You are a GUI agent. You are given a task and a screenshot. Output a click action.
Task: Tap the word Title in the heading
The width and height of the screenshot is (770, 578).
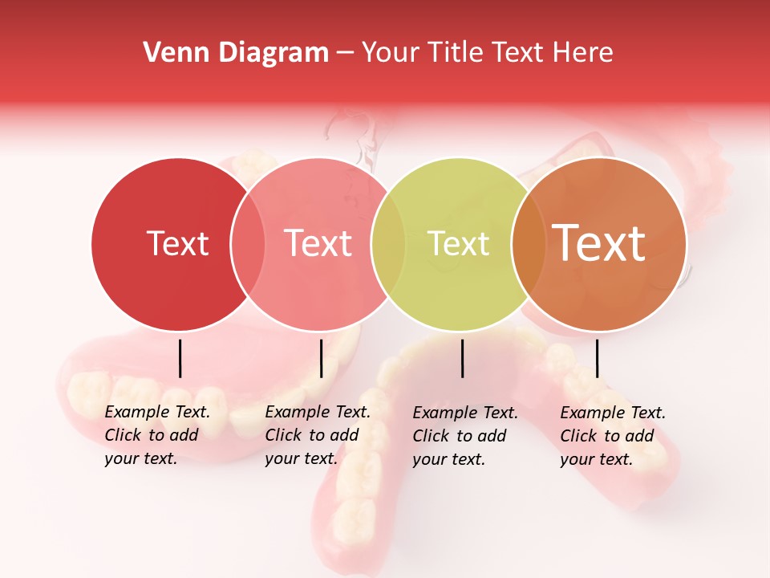[x=455, y=52]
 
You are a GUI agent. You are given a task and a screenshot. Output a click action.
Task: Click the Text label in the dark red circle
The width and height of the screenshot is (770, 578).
[x=177, y=243]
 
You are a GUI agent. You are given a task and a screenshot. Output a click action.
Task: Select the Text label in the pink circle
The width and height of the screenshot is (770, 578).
[x=318, y=243]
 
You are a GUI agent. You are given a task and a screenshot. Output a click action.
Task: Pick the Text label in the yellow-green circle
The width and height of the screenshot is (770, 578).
[x=458, y=243]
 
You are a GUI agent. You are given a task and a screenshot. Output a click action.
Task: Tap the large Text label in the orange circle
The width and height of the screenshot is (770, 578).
[x=598, y=243]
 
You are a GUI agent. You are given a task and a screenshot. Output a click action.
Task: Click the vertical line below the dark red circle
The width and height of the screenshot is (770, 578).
[x=180, y=358]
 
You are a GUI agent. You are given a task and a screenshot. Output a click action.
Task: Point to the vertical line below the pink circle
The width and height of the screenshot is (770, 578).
[x=321, y=358]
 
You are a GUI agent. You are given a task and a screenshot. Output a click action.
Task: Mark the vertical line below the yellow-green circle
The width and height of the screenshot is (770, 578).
[x=463, y=358]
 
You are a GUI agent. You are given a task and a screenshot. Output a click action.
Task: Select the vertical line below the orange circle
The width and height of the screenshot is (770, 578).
[x=598, y=358]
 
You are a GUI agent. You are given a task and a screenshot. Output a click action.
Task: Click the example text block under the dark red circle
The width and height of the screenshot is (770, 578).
[x=157, y=435]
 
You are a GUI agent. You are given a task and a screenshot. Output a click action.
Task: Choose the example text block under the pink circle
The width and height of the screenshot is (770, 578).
[x=318, y=435]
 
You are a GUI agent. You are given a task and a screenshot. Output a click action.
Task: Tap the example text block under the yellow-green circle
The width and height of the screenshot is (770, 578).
[x=465, y=436]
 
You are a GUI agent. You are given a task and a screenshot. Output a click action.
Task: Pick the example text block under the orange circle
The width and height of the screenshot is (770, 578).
[x=613, y=436]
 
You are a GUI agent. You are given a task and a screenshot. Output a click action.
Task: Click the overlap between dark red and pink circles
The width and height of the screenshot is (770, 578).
[x=248, y=243]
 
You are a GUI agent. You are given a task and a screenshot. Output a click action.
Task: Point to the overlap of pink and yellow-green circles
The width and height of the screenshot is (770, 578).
[x=388, y=243]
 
